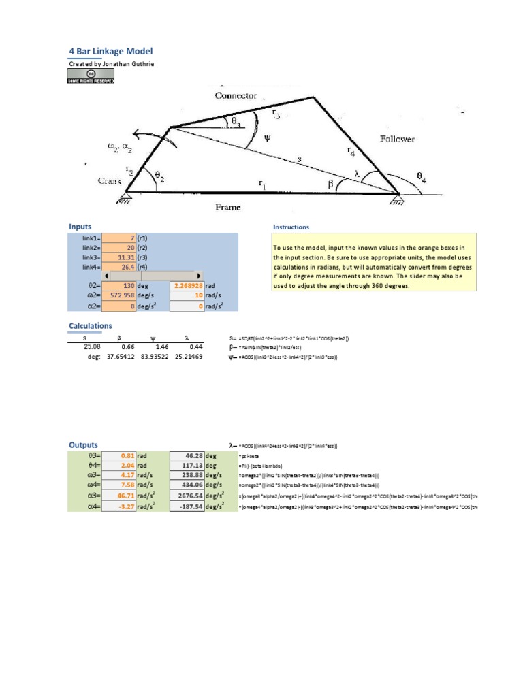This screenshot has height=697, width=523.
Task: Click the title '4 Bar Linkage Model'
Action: pos(111,51)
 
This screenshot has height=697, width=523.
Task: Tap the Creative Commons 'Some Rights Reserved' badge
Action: pos(91,76)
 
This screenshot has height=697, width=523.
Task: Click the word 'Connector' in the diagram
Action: pos(236,96)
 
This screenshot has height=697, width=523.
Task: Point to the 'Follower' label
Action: pos(397,139)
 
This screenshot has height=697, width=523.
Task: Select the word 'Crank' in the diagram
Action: pos(110,182)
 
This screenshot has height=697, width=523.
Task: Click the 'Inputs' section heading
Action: pos(80,227)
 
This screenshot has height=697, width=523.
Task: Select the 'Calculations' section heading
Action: pos(91,326)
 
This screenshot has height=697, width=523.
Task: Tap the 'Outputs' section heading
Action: pos(84,444)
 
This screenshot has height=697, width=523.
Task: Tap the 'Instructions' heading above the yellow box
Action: pos(291,227)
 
